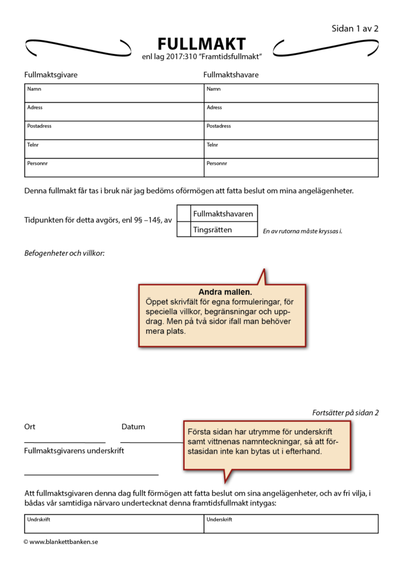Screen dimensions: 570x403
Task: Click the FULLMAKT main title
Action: [x=202, y=44]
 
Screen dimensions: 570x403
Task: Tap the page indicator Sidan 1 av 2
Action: [x=355, y=29]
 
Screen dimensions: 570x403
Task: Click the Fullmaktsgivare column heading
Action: [x=51, y=75]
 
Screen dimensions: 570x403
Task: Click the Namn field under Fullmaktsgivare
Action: [x=114, y=93]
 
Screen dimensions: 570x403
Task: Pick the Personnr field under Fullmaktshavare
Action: [x=291, y=168]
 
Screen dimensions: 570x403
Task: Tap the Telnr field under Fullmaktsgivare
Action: [x=114, y=149]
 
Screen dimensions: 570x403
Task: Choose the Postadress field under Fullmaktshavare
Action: [x=291, y=130]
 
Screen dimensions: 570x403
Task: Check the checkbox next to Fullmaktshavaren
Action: [x=184, y=214]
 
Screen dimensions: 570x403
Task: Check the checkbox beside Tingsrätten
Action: [x=184, y=229]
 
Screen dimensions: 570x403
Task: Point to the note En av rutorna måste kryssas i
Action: [x=302, y=231]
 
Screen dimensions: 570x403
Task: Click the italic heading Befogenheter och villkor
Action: [x=64, y=253]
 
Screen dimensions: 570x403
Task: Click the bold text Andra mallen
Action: [x=224, y=292]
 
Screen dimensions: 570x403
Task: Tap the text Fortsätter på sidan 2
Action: [x=345, y=413]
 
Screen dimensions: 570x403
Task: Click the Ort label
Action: [x=30, y=427]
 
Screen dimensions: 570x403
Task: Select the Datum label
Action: [x=133, y=427]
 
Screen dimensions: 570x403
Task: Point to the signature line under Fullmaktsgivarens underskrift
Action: [x=91, y=474]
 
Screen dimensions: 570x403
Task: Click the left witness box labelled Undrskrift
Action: [x=114, y=524]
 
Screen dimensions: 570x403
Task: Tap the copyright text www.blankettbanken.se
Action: [x=61, y=542]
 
